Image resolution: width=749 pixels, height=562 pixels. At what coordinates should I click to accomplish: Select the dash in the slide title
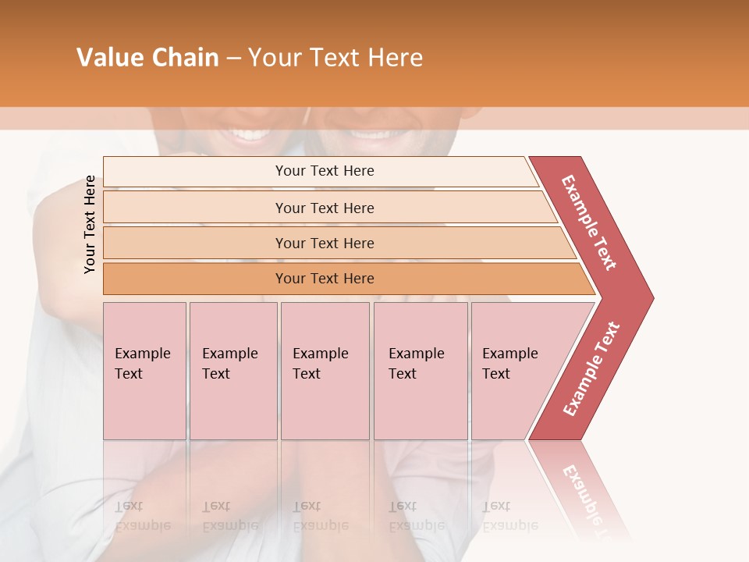click(233, 59)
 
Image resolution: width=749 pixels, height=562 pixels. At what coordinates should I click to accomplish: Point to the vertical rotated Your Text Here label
click(90, 225)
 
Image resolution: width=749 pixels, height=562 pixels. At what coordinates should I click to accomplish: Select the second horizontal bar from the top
click(324, 208)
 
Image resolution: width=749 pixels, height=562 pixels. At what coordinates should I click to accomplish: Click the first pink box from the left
click(144, 371)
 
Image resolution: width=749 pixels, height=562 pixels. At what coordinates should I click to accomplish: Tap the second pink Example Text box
click(233, 371)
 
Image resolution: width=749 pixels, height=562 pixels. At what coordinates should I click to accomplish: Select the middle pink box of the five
click(325, 371)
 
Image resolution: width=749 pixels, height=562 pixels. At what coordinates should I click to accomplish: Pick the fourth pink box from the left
click(421, 371)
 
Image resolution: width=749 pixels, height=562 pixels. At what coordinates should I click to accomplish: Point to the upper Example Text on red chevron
click(589, 222)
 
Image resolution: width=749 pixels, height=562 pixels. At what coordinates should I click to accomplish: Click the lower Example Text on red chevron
click(591, 369)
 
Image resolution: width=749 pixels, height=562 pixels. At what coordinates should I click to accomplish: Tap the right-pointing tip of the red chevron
click(649, 297)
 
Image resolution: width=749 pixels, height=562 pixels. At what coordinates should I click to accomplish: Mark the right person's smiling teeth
click(371, 133)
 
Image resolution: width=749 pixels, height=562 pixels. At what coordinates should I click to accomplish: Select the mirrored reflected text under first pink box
click(143, 516)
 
